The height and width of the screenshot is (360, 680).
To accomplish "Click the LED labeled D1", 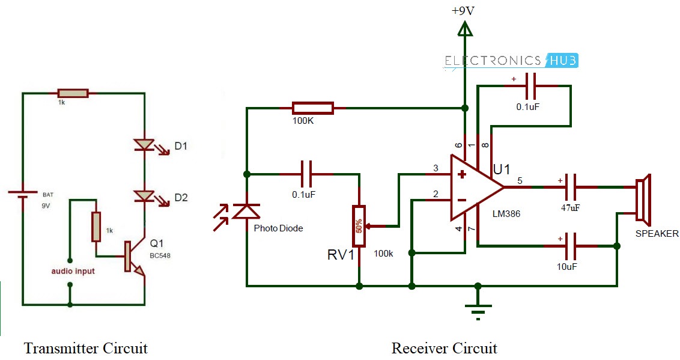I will coord(144,145).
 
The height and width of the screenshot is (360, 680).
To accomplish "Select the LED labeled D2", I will coord(144,196).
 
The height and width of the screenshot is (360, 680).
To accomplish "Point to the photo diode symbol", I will coord(246,211).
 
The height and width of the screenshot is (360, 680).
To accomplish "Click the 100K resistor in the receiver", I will coord(312,109).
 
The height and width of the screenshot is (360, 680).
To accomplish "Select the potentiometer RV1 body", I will coord(359,226).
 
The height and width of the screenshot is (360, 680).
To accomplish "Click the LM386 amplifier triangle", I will coord(475,187).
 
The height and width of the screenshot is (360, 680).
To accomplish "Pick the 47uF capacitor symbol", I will coord(570,187).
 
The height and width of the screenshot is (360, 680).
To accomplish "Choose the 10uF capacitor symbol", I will coord(570,245).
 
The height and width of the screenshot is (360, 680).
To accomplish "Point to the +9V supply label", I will coord(463,10).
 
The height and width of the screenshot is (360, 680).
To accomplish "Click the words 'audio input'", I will coord(73,271).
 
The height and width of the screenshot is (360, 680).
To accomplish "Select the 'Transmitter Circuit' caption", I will coord(85,348).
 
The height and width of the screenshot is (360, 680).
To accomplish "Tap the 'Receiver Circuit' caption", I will coord(445,348).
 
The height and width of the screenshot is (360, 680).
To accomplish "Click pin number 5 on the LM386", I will coord(520,180).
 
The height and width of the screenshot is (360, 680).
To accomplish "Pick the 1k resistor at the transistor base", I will coord(96,227).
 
